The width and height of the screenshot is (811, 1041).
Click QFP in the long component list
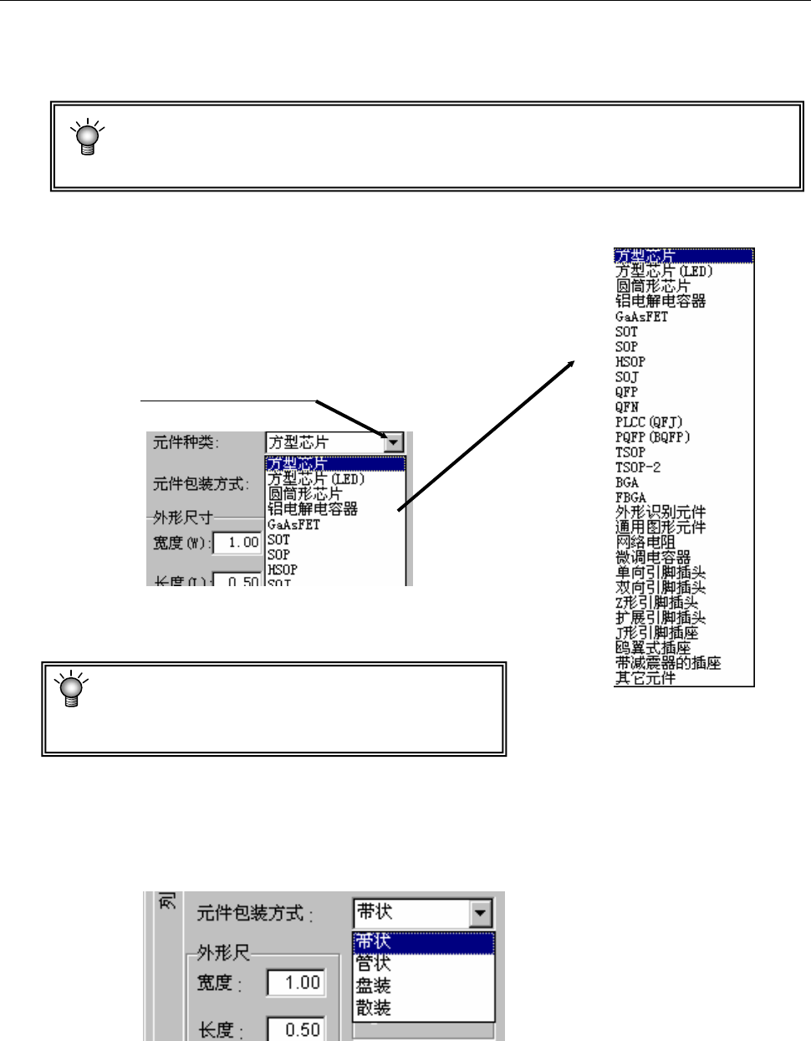point(626,392)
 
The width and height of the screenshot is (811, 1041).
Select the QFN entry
point(627,407)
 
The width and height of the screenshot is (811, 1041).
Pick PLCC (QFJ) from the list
point(649,422)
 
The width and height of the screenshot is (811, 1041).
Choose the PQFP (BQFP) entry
point(653,437)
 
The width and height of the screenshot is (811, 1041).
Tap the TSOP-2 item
point(638,467)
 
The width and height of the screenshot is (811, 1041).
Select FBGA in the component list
point(630,498)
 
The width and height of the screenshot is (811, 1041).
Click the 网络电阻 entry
point(645,543)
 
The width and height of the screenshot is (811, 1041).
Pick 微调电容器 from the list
point(653,558)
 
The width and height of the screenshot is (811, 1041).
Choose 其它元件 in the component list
point(645,678)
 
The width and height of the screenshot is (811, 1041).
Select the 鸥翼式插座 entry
point(653,648)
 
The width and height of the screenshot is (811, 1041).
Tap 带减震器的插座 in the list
point(668,663)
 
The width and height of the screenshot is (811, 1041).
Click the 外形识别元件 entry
point(661,513)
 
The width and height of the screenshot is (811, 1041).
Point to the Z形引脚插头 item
point(656,603)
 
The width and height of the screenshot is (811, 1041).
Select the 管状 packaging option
point(374,964)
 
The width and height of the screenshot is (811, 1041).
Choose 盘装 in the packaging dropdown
point(374,986)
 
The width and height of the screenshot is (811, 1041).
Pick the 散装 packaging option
point(374,1008)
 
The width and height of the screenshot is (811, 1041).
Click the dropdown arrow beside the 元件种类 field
point(393,442)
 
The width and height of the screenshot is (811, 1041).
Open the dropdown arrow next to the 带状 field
point(481,913)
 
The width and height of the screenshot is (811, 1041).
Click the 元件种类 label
point(186,442)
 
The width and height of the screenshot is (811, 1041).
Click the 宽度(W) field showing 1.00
point(237,543)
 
